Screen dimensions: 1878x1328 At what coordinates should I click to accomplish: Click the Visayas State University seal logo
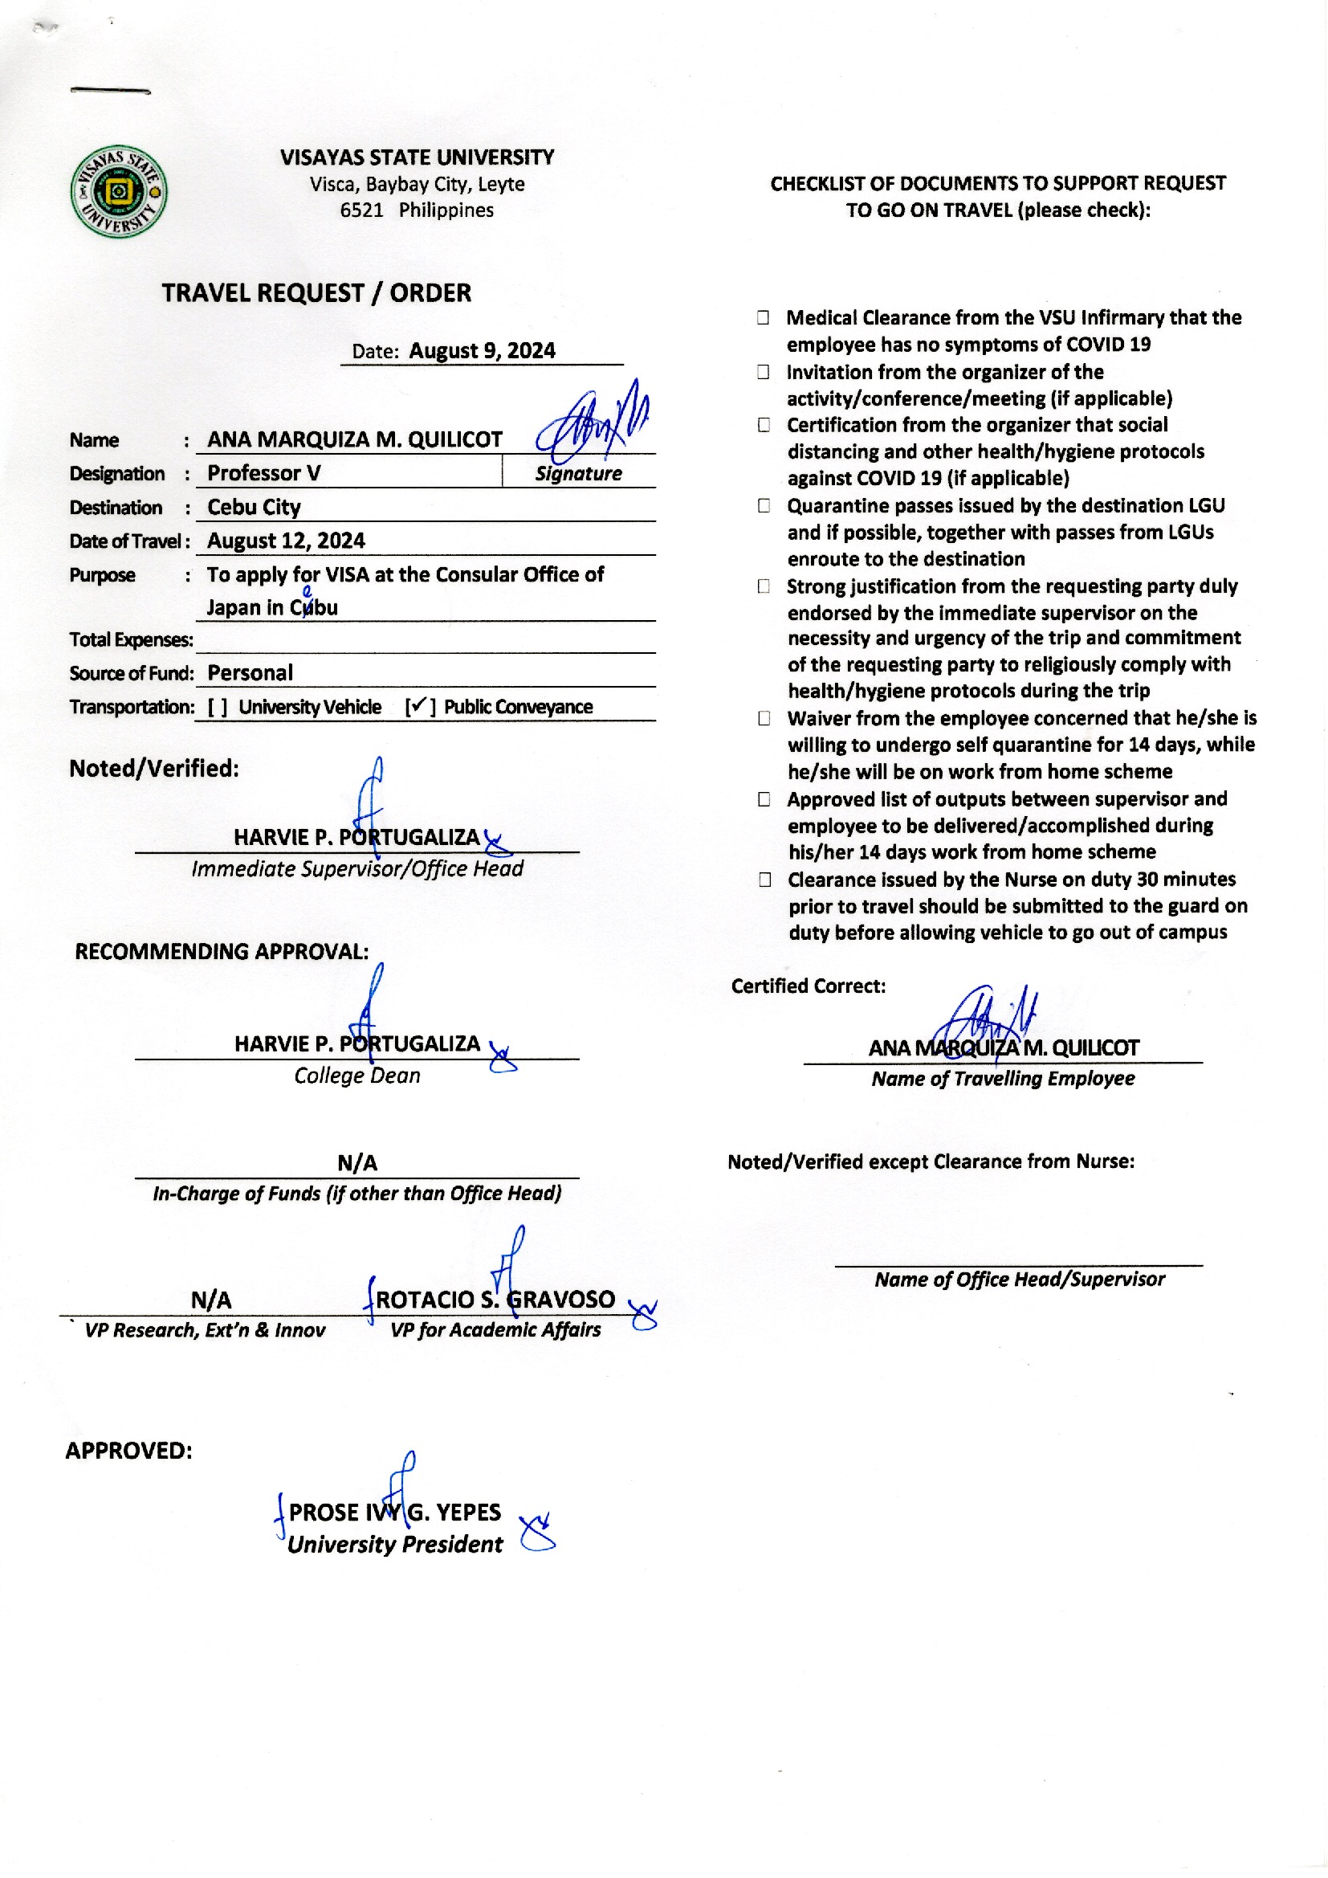(x=120, y=192)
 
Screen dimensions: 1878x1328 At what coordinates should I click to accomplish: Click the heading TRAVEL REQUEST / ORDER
(x=316, y=293)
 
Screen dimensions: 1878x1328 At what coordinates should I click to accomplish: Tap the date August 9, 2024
(x=482, y=351)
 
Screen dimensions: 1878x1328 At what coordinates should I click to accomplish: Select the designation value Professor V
(x=263, y=473)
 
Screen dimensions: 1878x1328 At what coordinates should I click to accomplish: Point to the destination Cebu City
(x=254, y=507)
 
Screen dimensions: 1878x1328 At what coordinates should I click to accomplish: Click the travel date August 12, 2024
(x=285, y=541)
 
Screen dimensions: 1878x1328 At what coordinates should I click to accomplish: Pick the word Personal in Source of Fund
(x=250, y=672)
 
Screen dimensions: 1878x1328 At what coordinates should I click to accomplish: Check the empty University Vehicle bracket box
(x=217, y=707)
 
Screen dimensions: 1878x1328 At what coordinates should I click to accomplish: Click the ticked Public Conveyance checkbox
(x=418, y=706)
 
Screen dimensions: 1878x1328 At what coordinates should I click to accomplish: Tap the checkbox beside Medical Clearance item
(x=763, y=317)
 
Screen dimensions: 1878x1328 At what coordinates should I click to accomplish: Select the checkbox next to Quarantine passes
(x=764, y=505)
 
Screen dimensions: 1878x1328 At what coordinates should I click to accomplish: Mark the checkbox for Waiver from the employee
(x=764, y=718)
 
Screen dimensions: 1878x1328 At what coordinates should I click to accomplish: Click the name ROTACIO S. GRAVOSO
(x=495, y=1299)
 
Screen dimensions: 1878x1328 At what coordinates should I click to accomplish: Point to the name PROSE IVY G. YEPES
(x=394, y=1512)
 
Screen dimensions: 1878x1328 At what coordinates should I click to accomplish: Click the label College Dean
(x=356, y=1076)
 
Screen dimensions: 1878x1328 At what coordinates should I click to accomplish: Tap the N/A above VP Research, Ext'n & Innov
(x=211, y=1300)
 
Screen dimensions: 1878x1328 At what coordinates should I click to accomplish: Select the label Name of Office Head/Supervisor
(x=1019, y=1280)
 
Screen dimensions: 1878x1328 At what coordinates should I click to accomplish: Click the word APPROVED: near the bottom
(x=128, y=1450)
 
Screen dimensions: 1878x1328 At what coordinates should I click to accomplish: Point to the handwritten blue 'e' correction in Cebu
(x=308, y=592)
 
